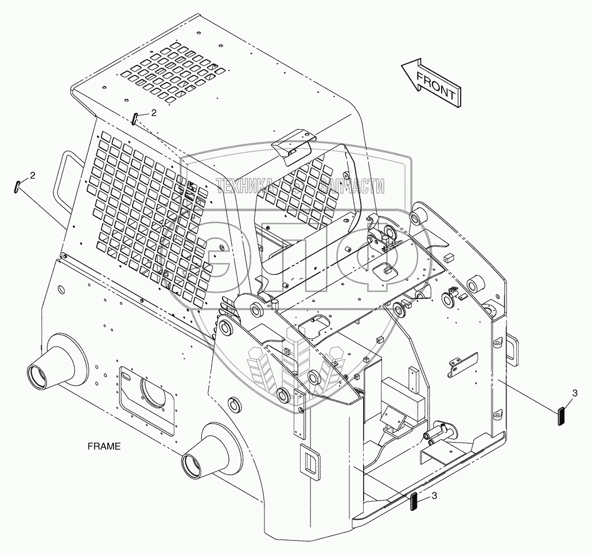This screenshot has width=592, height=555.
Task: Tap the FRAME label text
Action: coord(104,446)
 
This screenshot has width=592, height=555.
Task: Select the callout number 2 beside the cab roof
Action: coord(154,112)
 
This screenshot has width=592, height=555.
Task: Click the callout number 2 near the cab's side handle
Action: coord(32,175)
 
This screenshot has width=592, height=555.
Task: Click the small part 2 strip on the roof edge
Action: coord(134,119)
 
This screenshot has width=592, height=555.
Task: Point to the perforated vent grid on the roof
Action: coord(172,75)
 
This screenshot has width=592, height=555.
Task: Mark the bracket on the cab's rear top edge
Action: coord(294,144)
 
